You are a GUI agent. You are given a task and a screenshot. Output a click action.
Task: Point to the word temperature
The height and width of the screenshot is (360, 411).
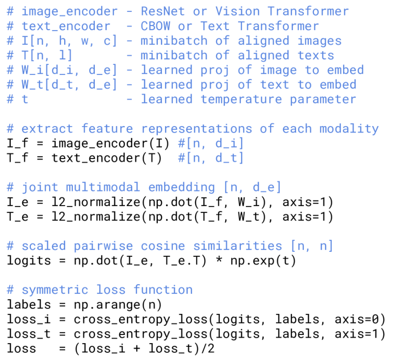(241, 99)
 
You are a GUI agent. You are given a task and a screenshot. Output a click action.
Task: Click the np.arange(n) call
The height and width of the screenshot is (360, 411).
(118, 305)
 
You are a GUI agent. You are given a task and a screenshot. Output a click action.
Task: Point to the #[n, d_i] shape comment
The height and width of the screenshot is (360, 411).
(211, 143)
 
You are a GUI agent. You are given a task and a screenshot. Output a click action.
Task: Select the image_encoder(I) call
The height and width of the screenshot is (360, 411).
(110, 143)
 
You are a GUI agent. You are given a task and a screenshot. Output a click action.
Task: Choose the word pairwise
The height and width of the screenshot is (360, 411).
(103, 246)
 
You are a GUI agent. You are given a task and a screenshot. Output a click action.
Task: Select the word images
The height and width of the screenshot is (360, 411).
(320, 40)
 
